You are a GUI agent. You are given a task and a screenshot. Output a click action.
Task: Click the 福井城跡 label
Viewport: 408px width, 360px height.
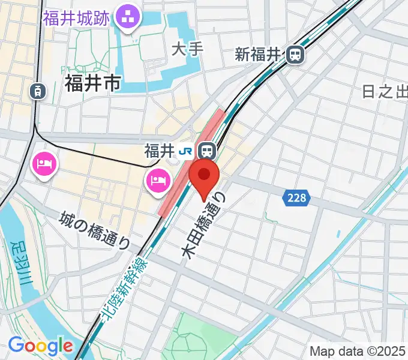[76, 18]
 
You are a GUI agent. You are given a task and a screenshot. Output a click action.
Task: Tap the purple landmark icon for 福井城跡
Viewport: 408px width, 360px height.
[127, 17]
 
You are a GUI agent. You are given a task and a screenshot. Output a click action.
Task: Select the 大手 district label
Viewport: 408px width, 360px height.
[186, 50]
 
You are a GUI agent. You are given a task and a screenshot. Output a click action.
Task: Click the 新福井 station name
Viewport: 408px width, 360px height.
[258, 55]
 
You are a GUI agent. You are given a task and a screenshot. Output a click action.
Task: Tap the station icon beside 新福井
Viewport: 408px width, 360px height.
[295, 55]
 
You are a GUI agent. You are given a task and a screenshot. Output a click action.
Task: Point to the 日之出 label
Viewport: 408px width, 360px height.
[384, 91]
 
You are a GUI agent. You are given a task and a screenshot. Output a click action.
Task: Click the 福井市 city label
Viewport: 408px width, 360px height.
[92, 83]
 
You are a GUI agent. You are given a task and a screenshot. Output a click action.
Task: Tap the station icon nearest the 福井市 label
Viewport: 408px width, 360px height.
[38, 91]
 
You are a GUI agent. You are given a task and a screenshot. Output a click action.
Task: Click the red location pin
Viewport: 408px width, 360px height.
[205, 176]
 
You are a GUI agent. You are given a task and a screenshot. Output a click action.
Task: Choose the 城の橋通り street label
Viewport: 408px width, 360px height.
[96, 230]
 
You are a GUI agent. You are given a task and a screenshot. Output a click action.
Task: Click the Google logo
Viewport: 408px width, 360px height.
[40, 346]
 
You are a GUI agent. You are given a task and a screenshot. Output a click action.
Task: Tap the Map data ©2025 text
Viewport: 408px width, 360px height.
[358, 351]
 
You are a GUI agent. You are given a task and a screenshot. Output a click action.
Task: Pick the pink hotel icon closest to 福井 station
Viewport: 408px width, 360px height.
[158, 179]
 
